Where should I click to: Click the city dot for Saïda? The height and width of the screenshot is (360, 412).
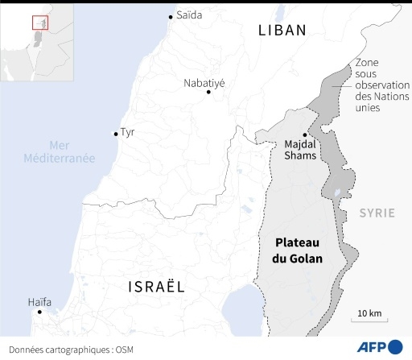click(171, 17)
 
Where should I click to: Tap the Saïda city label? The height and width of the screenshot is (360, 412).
click(190, 15)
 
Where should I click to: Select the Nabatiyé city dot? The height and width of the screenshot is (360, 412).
click(208, 93)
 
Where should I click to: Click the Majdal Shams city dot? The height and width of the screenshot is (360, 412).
click(304, 135)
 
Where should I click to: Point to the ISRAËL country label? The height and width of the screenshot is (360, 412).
click(156, 287)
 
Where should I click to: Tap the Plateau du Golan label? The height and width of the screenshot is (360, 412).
click(299, 250)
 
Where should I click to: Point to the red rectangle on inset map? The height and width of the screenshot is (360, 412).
click(36, 22)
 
